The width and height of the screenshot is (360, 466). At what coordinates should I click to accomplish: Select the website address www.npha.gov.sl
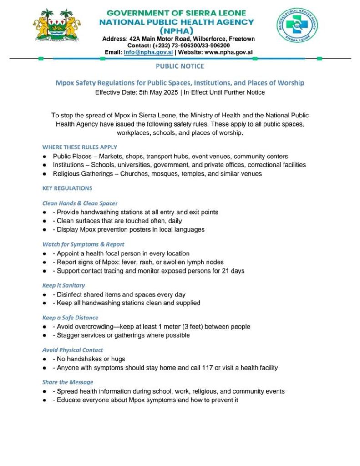coord(228,52)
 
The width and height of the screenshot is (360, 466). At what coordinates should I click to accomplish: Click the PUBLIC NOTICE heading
coord(180,66)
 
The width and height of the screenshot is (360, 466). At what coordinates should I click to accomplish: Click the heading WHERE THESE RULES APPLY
coord(80,147)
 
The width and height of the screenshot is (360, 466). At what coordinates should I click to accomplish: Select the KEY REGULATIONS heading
coord(67,188)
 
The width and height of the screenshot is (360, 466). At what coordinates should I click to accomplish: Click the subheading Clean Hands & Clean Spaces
coord(80,203)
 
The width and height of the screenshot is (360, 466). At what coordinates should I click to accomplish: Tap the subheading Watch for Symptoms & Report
coord(83,244)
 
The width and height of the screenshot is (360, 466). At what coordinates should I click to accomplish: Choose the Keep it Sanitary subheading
coord(64,285)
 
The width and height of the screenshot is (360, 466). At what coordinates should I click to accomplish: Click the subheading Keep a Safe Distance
coord(70,318)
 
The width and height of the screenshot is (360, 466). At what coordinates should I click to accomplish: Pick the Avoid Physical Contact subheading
coord(73,350)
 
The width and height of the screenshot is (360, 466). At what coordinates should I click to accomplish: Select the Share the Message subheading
coord(68,382)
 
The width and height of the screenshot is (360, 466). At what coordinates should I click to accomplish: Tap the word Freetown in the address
coord(241,39)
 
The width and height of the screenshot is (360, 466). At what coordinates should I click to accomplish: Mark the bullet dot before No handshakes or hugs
coord(45,360)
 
